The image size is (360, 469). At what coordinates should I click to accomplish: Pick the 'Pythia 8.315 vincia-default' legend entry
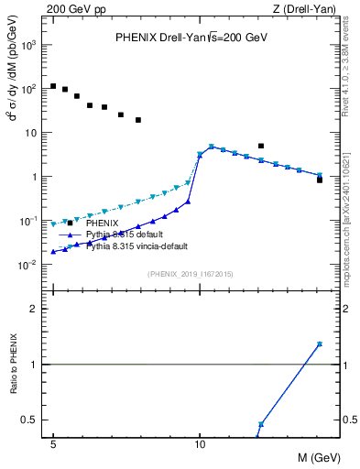coord(138,246)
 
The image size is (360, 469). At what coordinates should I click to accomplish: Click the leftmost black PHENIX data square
coord(53,86)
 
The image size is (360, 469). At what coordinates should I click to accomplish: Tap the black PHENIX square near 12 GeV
coord(261,146)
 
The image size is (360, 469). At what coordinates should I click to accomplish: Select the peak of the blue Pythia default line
coord(212,147)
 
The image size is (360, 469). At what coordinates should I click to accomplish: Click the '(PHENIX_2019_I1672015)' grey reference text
coord(190,274)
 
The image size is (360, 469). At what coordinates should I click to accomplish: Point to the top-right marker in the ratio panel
coord(320,344)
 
